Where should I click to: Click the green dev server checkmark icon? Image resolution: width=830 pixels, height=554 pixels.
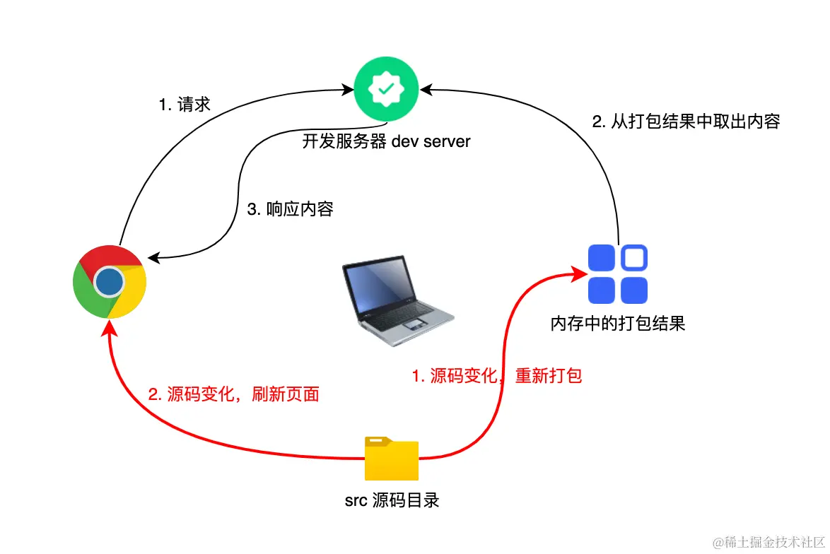click(386, 90)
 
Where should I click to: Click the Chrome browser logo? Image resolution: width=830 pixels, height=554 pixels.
click(110, 281)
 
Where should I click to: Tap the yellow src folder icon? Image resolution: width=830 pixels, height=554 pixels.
click(392, 459)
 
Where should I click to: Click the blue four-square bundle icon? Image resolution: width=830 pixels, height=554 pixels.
click(618, 274)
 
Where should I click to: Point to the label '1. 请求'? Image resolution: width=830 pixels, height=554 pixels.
click(185, 105)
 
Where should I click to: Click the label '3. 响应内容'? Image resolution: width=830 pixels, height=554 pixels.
click(290, 209)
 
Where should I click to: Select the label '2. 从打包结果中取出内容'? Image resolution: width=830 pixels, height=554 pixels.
click(685, 122)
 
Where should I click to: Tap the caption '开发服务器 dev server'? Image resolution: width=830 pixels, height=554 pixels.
click(386, 141)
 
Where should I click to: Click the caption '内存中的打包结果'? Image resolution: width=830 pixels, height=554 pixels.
click(618, 324)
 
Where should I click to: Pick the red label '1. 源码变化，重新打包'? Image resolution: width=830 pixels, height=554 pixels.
click(497, 375)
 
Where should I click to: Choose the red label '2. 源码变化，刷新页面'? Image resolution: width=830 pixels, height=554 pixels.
click(234, 394)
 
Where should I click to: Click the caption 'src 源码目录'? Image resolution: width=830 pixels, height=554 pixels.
click(392, 501)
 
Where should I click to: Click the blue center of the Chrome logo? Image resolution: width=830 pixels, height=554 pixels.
click(110, 281)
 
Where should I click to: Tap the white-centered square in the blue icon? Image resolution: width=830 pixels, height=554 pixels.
click(634, 258)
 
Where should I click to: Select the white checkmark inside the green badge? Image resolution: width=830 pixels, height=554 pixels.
click(386, 90)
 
